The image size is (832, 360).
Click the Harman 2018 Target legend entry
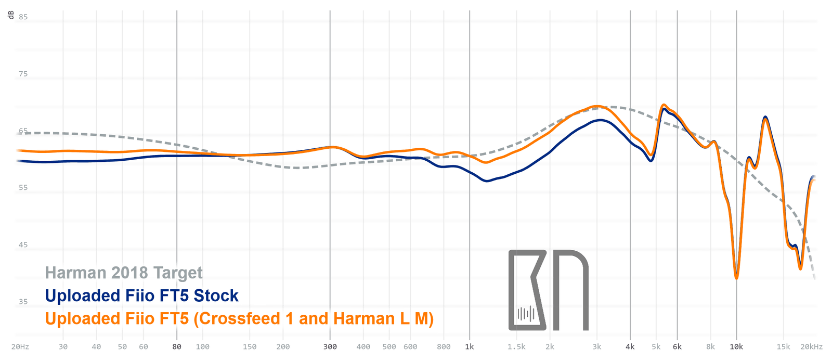pos(124,273)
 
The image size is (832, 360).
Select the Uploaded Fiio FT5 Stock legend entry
pos(141,295)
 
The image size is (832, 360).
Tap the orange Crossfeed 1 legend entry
pos(239,318)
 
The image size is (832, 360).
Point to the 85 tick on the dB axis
pos(23,17)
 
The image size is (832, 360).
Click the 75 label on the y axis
pos(23,74)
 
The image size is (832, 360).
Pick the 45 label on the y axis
pos(23,245)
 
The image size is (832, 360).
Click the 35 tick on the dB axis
pos(23,302)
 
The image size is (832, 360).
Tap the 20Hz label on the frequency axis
pos(20,346)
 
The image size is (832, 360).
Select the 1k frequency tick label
pos(470,346)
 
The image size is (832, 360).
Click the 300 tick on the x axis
pos(330,346)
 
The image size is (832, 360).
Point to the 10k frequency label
pos(736,346)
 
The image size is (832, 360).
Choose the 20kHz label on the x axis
pos(811,346)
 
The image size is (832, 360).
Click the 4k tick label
pos(630,346)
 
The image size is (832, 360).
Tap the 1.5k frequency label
pos(516,346)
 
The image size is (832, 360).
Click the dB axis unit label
pos(11,15)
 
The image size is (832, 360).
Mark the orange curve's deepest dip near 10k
pos(736,278)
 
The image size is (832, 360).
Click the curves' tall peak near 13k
pos(765,118)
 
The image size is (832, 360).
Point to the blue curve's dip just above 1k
pos(487,181)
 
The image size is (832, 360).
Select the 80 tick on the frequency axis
pos(177,346)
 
